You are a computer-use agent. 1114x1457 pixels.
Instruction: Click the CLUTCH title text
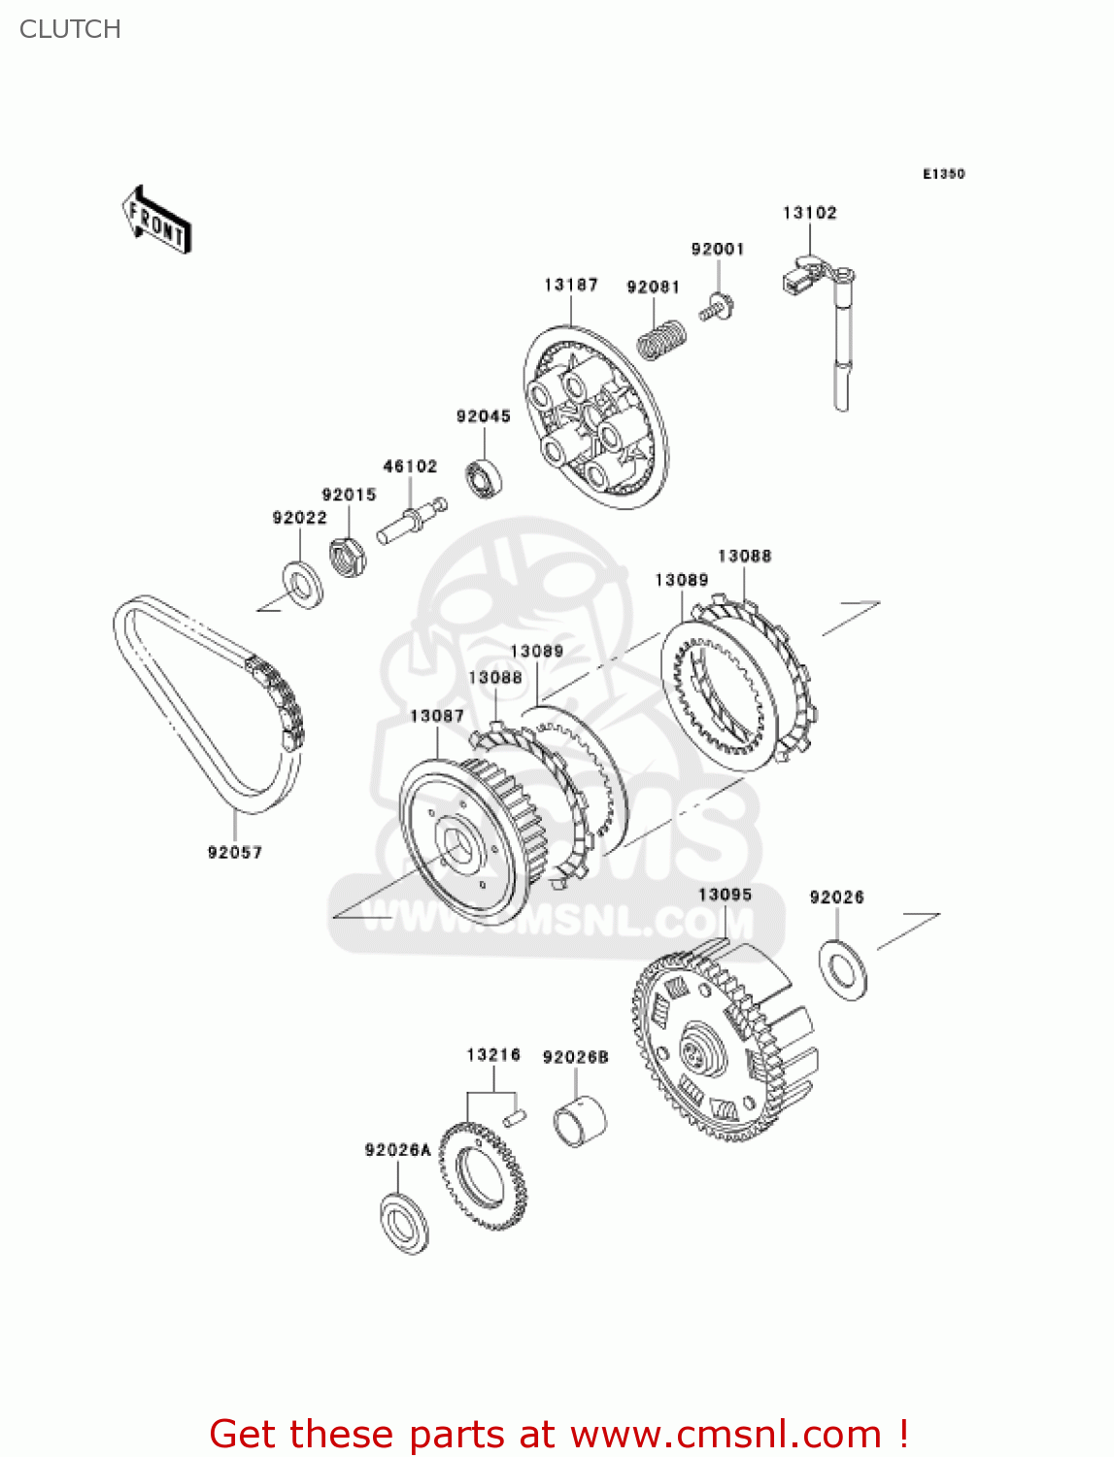coord(70,29)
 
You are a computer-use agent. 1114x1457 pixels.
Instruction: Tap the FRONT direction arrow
coord(156,220)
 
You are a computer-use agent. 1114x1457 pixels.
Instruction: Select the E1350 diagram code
coord(943,174)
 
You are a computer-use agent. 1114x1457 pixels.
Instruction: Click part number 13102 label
coord(809,213)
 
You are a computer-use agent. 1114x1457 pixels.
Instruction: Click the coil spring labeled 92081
coord(662,339)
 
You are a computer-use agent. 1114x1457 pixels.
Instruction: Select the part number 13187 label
coord(571,285)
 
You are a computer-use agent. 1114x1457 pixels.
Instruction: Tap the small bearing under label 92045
coord(483,477)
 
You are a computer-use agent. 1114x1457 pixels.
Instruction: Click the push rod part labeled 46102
coord(412,520)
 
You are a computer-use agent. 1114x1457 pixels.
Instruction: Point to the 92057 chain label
coord(234,852)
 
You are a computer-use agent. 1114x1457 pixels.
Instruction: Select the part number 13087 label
coord(436,716)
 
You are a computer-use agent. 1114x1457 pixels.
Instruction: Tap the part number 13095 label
coord(725,895)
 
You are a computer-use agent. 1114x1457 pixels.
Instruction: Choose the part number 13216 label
coord(493,1055)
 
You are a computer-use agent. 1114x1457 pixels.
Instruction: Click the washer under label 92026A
coord(403,1225)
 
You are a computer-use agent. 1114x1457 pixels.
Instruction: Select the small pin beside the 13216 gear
coord(515,1117)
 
